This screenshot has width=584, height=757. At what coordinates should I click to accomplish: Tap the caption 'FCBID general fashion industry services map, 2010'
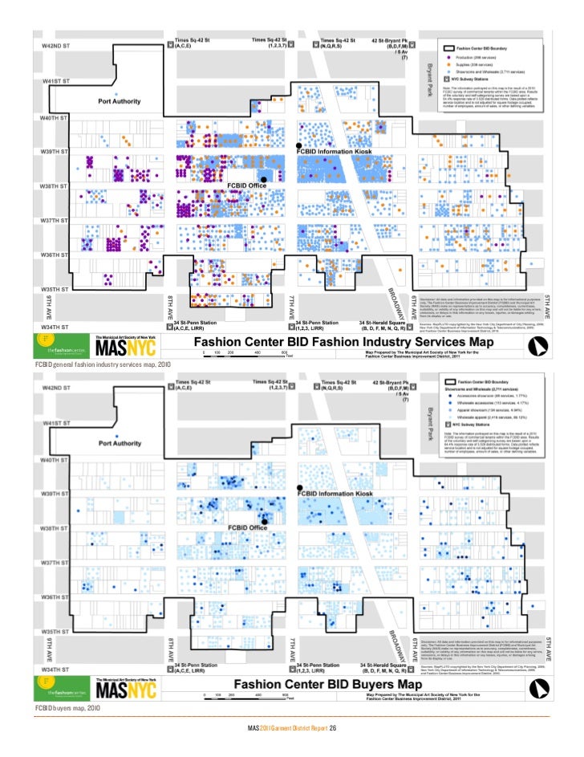(x=103, y=364)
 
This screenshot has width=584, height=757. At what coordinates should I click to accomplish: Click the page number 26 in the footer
(x=331, y=728)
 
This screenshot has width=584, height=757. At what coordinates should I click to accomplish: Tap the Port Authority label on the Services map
(x=120, y=102)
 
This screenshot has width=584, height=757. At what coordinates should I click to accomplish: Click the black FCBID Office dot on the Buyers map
(x=263, y=521)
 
